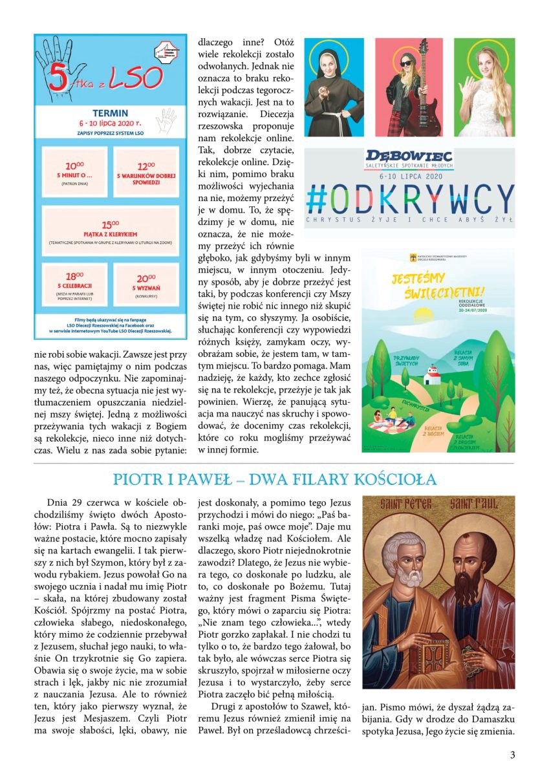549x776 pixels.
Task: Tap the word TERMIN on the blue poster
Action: [x=110, y=114]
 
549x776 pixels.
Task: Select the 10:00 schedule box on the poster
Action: [x=74, y=172]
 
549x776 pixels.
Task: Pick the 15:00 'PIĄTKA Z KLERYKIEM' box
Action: [x=110, y=231]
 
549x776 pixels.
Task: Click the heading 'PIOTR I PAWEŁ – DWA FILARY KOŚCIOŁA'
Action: [x=274, y=479]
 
